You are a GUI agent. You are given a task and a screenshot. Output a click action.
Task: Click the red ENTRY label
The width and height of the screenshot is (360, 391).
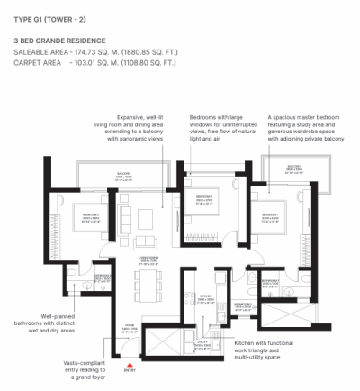(x=130, y=370)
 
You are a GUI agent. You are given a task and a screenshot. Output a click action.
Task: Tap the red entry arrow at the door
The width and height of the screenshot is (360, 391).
(x=130, y=362)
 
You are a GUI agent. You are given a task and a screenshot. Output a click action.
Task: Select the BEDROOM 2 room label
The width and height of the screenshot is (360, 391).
(x=91, y=214)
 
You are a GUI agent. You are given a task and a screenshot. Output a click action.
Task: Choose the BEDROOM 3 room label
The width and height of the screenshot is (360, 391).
(x=205, y=196)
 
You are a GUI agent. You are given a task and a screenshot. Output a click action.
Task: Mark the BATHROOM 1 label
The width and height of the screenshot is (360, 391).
(x=269, y=282)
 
